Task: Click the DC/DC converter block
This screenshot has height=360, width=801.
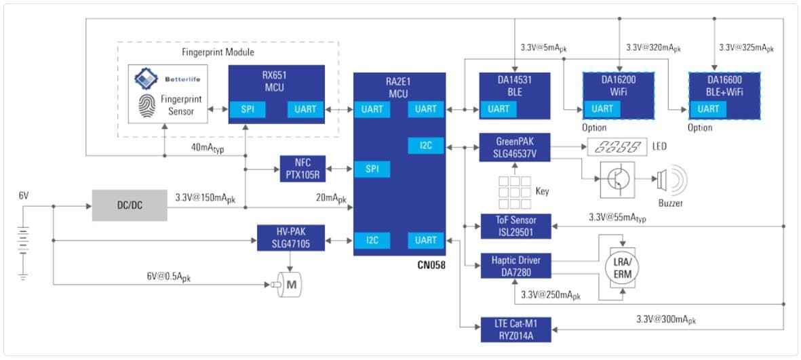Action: [130, 205]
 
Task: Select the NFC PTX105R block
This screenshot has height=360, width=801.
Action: [303, 168]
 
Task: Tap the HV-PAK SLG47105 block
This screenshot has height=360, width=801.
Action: [291, 239]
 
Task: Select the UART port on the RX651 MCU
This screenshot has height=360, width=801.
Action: [305, 109]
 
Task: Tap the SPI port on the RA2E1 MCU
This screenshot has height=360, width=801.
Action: [372, 168]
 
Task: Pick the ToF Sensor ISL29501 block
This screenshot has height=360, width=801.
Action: [515, 225]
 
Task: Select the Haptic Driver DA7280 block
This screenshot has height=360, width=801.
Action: [515, 265]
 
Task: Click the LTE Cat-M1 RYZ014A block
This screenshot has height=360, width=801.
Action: [515, 329]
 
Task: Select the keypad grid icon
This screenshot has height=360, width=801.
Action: [515, 191]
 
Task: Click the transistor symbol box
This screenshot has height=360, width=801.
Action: [617, 180]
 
